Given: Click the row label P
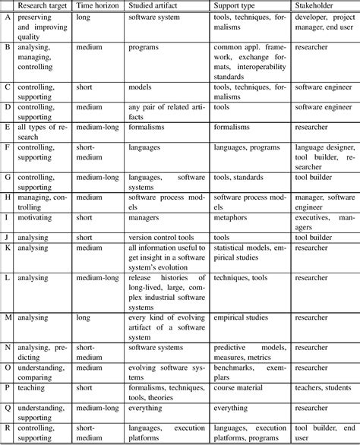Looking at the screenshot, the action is tap(7, 386).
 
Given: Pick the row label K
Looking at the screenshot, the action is tap(7, 248).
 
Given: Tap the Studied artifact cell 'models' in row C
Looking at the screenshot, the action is tap(141, 87).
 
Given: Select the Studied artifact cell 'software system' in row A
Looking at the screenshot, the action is tap(159, 16).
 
